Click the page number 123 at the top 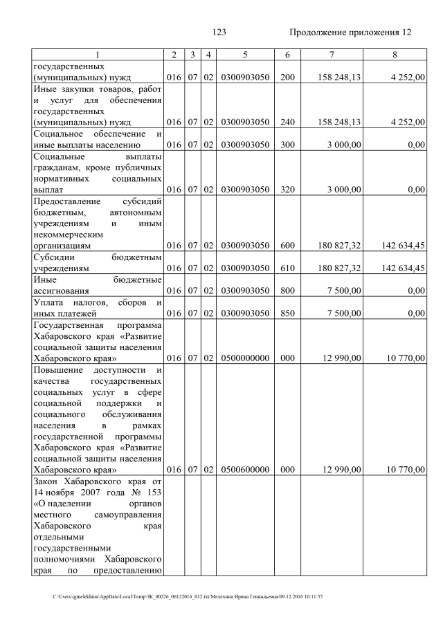pyautogui.click(x=219, y=33)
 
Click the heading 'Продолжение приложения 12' pyautogui.click(x=350, y=33)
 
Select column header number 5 pyautogui.click(x=245, y=55)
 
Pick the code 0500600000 pyautogui.click(x=245, y=470)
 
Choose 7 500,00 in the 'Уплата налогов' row pyautogui.click(x=344, y=313)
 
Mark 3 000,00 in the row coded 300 pyautogui.click(x=344, y=145)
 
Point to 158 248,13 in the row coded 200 pyautogui.click(x=337, y=77)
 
